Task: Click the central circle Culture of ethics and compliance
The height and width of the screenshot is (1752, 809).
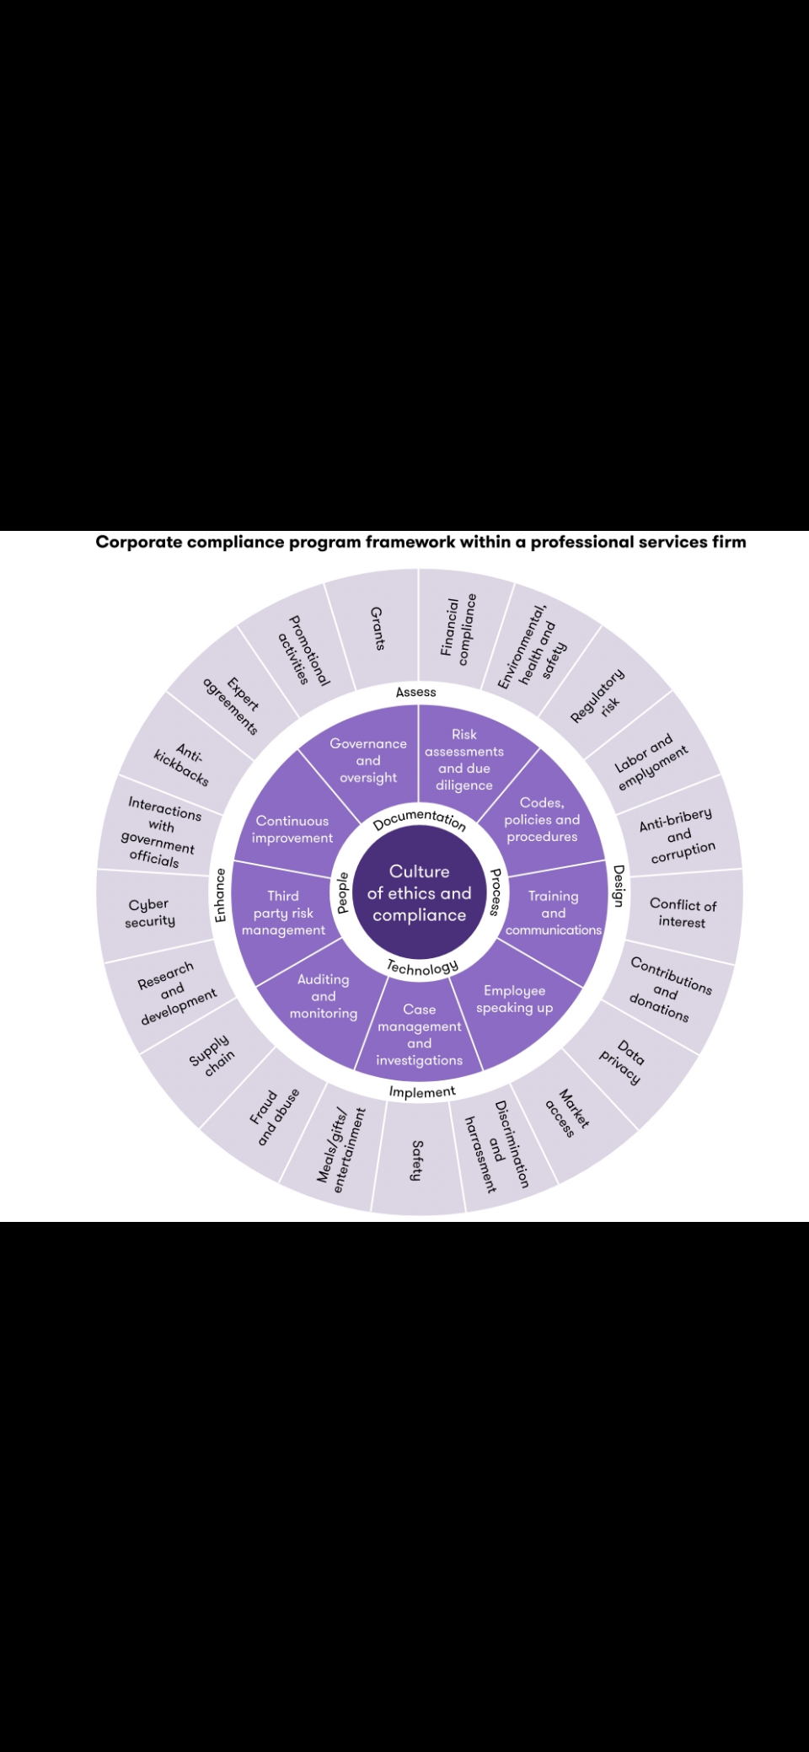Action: (419, 893)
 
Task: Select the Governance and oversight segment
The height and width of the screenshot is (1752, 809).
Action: (368, 760)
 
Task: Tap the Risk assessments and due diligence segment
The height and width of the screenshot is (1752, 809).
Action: (464, 760)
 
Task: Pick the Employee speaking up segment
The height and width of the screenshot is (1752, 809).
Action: (515, 999)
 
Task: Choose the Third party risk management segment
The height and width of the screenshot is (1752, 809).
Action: (283, 913)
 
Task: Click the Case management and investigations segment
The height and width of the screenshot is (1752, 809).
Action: (419, 1035)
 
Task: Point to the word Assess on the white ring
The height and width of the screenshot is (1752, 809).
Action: (416, 692)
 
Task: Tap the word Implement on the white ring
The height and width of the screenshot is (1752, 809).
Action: (422, 1092)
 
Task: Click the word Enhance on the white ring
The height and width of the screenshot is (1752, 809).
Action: (220, 895)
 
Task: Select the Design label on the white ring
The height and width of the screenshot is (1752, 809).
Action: (619, 886)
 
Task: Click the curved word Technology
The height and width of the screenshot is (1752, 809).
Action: (422, 967)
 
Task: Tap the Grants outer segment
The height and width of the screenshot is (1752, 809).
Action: (378, 629)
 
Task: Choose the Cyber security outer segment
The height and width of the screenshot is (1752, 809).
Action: (150, 913)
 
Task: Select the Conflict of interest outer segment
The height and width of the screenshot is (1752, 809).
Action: (683, 913)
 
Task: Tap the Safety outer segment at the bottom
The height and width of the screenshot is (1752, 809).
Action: (416, 1160)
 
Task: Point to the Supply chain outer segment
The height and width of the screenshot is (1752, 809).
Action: (212, 1055)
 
